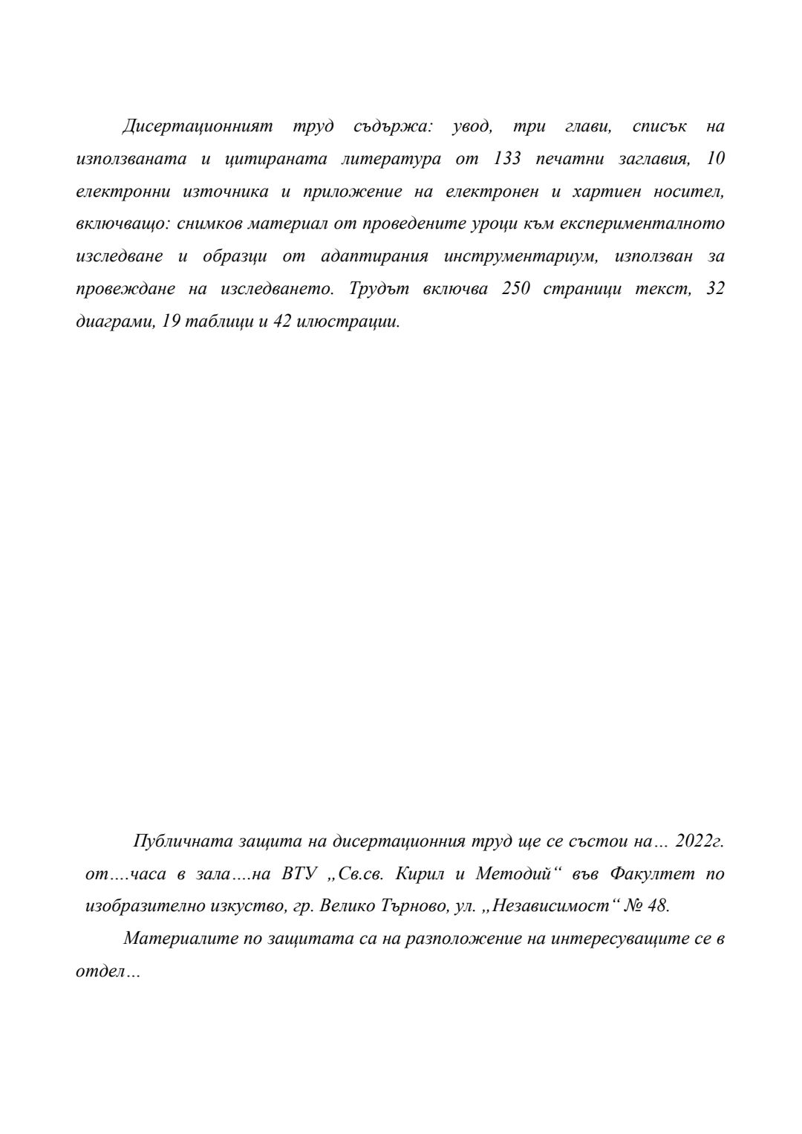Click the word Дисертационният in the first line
[x=198, y=127]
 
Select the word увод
[x=471, y=127]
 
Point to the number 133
[x=507, y=160]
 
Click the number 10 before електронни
[x=715, y=160]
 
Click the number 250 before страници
[x=516, y=290]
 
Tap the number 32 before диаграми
[x=715, y=290]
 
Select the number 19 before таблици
[x=171, y=322]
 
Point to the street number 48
[x=658, y=907]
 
